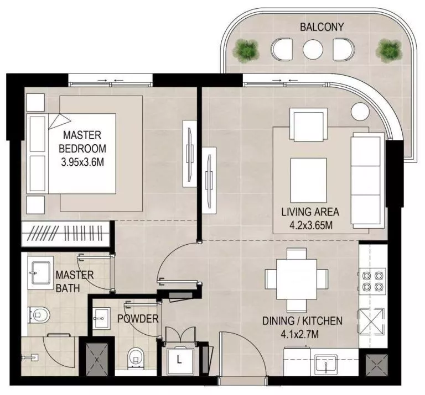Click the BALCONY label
click(322, 27)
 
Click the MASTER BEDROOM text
click(82, 141)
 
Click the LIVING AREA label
click(310, 212)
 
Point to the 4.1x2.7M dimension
click(302, 334)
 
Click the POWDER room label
click(138, 319)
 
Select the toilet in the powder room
click(135, 359)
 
